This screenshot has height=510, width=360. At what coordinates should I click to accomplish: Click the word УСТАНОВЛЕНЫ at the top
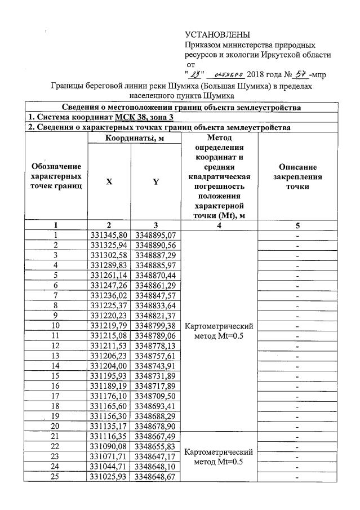pyautogui.click(x=217, y=36)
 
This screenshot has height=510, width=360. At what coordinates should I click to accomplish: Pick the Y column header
pyautogui.click(x=156, y=182)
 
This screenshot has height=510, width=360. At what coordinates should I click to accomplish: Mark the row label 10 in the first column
pyautogui.click(x=56, y=326)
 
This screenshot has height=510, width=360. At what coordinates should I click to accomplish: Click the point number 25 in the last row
pyautogui.click(x=56, y=478)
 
